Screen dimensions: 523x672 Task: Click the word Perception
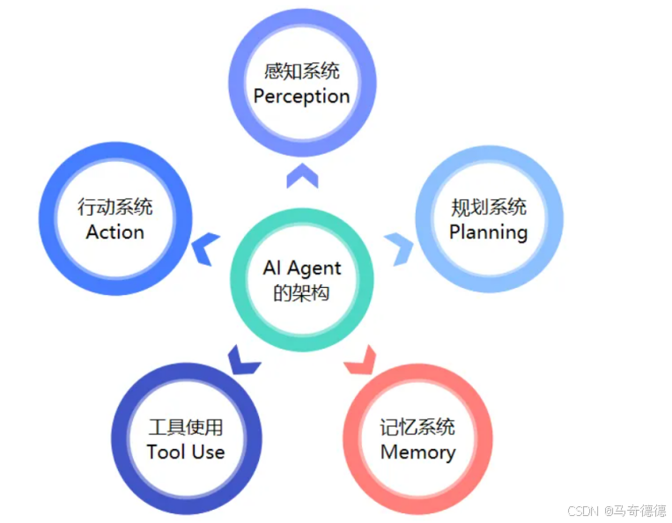pos(301,97)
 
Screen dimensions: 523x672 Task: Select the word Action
pos(115,232)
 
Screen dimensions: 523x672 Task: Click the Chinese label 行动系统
pos(115,208)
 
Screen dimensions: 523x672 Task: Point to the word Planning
pos(488,232)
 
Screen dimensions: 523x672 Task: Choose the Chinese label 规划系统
pos(488,208)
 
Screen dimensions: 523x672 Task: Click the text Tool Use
pos(186,453)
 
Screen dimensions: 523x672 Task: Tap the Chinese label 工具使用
pos(186,428)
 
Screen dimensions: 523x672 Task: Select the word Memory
pos(417,453)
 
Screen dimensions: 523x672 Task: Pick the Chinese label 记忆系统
pos(417,428)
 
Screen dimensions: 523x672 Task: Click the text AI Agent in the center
pos(302,268)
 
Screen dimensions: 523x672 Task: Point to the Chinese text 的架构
pos(301,292)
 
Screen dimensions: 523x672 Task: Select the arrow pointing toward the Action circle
pos(207,248)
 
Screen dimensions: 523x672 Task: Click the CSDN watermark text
pos(583,511)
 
